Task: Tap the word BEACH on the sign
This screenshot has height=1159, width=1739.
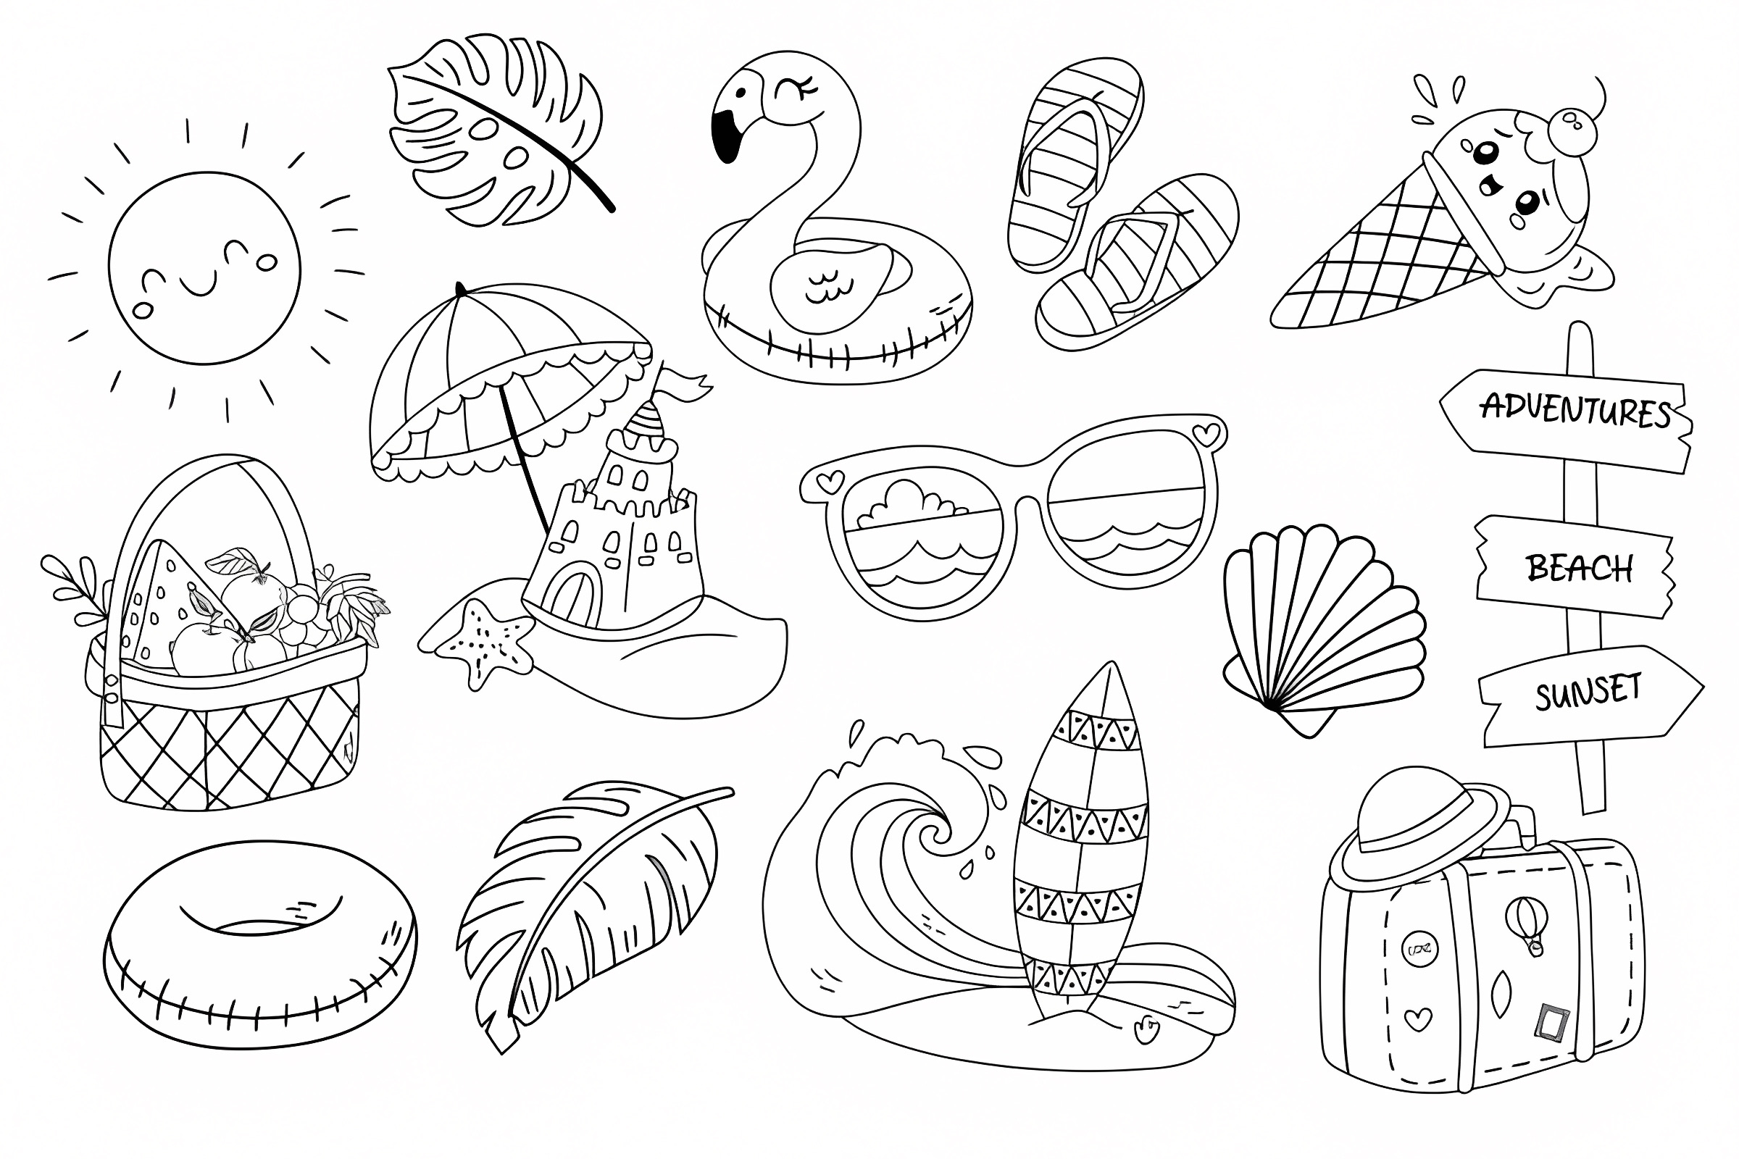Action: click(x=1580, y=569)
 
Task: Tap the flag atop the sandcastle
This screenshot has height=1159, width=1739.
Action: click(x=684, y=385)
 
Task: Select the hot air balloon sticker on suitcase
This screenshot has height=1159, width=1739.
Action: click(x=1526, y=924)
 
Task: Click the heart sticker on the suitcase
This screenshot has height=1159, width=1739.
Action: click(x=1417, y=1019)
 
